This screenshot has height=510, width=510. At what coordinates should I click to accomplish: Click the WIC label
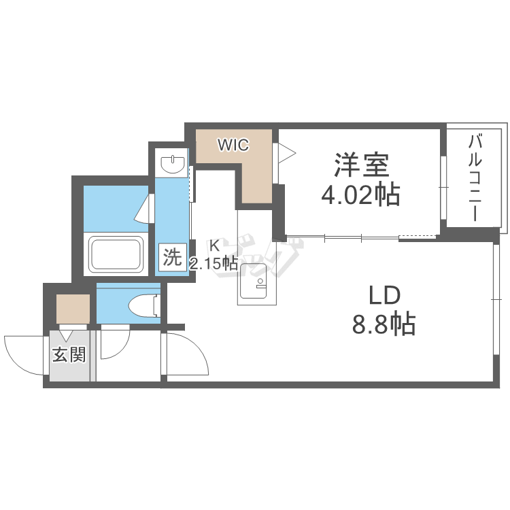click(233, 144)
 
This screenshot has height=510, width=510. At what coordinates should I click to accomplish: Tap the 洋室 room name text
click(360, 165)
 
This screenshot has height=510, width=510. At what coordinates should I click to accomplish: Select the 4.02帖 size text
click(360, 195)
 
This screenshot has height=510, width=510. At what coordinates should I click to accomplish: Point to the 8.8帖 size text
click(384, 325)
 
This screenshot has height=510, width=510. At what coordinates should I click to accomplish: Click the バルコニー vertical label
click(476, 178)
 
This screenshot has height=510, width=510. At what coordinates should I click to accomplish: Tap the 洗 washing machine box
click(172, 257)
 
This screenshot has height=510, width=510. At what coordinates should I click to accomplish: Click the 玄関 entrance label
click(70, 354)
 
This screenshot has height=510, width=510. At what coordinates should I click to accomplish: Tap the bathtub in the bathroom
click(116, 254)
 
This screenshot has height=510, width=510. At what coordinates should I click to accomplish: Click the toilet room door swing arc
click(114, 343)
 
